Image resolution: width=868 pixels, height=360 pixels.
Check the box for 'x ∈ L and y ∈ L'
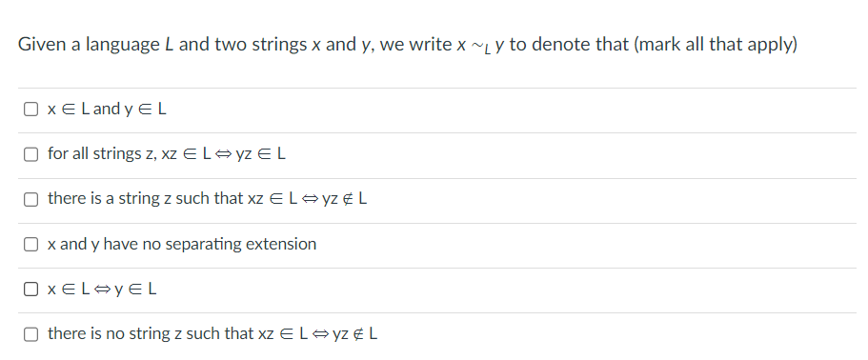[x=31, y=109]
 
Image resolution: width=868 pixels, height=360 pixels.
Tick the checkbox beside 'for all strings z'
[x=31, y=153]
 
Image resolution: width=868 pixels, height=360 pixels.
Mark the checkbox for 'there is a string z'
[x=31, y=199]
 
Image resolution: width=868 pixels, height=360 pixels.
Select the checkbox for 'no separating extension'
[x=31, y=245]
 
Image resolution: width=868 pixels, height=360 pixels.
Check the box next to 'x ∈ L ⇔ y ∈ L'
[x=31, y=290]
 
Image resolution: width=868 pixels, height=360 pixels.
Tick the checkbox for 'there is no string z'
[x=31, y=334]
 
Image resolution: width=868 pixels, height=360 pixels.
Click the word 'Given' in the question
[x=41, y=45]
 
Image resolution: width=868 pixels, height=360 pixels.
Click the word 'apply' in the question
[x=765, y=46]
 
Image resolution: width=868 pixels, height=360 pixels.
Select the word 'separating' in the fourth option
[x=203, y=245]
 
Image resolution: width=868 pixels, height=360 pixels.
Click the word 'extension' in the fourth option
[x=281, y=244]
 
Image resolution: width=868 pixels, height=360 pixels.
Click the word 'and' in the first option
[x=107, y=109]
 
